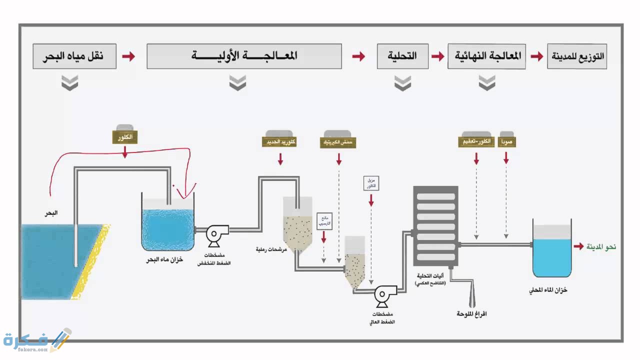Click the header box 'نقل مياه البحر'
coord(74,56)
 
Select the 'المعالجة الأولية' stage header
coord(244,56)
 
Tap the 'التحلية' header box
coord(402,56)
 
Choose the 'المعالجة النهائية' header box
coord(486,56)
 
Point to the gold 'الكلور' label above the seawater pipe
coord(125,137)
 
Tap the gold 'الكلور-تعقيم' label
coord(476,142)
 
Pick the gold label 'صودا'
coord(506,142)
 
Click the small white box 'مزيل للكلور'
coord(371,182)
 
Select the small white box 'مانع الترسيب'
coord(324,221)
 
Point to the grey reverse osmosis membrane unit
coord(435,225)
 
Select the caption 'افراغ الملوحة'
coord(471,314)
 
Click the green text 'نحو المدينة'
coord(601,246)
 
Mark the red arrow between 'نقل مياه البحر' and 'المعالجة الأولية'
coord(128,56)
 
